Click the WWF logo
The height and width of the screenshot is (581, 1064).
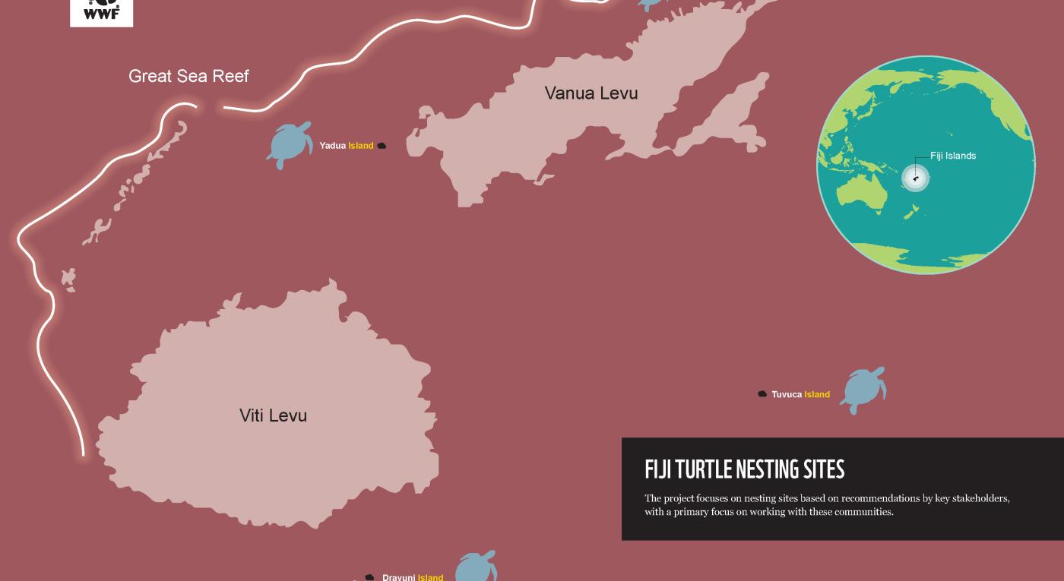coord(101,11)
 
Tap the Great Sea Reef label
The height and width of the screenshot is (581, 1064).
coord(188,76)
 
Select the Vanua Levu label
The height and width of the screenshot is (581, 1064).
coord(591,93)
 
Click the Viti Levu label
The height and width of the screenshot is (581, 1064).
coord(273,415)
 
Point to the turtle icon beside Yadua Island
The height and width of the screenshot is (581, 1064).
coord(290,144)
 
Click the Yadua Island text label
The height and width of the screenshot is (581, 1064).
coord(347,146)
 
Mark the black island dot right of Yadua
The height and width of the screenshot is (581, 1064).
coord(382,146)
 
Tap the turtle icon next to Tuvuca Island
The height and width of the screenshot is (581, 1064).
coord(863,390)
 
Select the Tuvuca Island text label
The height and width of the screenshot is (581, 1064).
coord(800,394)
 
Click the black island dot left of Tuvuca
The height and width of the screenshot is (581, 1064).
coord(762,394)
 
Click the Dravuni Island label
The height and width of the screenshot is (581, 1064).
coord(412,577)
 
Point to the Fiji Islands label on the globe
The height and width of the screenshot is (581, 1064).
coord(953,156)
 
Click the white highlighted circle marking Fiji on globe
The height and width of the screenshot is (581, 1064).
coord(915,178)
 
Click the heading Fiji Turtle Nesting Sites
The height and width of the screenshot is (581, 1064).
coord(744,470)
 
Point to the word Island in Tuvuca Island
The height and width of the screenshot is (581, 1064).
coord(817,394)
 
